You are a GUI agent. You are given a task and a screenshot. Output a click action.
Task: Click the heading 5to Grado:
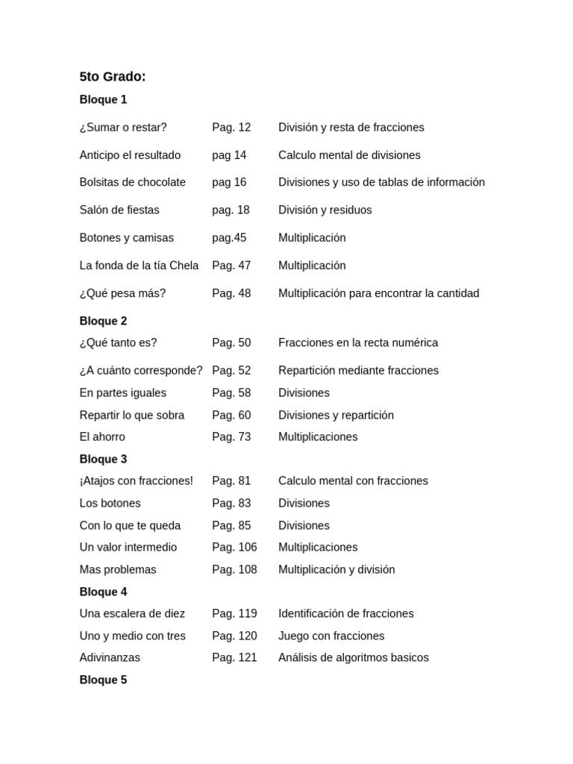113,77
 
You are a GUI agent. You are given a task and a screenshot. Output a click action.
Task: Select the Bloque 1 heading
103,100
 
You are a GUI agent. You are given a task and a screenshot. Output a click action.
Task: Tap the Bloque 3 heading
103,460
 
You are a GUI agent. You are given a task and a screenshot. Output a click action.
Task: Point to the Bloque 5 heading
103,680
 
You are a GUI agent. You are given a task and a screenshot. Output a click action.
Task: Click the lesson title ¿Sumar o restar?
123,128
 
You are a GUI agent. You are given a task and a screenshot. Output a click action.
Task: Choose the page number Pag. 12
231,128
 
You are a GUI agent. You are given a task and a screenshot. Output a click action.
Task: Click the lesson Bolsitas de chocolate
133,183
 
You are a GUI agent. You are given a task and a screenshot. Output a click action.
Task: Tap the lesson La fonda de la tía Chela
140,266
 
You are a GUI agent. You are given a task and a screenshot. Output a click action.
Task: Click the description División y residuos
325,210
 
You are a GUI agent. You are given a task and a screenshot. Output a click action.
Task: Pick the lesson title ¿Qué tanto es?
119,343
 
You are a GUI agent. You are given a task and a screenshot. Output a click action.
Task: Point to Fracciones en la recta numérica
358,343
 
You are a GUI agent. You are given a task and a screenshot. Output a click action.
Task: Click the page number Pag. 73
231,437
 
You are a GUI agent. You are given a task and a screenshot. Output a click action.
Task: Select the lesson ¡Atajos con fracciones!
137,481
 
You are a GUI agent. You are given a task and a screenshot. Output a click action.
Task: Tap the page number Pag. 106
234,548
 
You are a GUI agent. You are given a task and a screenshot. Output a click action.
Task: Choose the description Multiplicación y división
336,570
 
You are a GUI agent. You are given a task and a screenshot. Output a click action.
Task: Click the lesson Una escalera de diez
132,614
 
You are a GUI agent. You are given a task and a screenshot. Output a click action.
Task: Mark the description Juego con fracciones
331,636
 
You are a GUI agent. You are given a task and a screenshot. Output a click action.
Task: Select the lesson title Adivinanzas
110,658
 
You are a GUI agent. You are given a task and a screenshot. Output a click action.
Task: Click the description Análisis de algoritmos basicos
354,658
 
